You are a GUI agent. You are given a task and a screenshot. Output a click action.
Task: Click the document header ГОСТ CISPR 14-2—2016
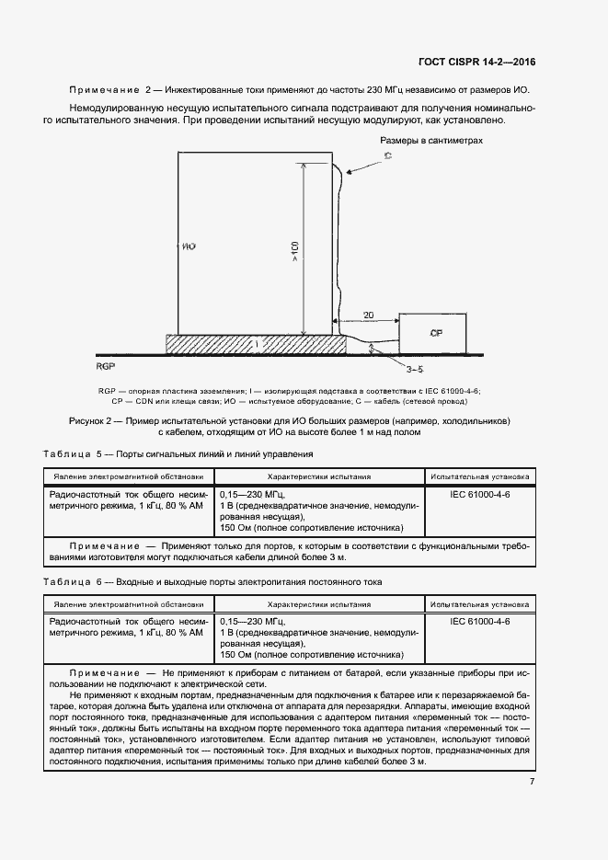coord(476,63)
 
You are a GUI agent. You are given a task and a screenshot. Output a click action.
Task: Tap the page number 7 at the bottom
coord(532,781)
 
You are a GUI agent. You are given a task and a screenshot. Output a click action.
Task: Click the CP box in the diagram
coord(437,334)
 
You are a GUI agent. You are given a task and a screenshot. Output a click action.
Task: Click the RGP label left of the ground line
coord(104,365)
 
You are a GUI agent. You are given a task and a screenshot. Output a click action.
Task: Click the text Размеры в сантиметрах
coord(430,141)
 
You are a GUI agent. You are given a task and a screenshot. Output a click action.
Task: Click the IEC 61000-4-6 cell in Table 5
coord(479,494)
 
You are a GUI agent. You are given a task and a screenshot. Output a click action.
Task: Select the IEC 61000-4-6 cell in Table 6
coord(479,623)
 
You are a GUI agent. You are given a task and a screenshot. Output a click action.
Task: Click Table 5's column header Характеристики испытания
coord(318,476)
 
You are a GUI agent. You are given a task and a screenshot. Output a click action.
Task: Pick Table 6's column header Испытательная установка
coord(479,605)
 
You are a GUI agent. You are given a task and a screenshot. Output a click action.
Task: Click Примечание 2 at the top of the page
coord(110,89)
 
